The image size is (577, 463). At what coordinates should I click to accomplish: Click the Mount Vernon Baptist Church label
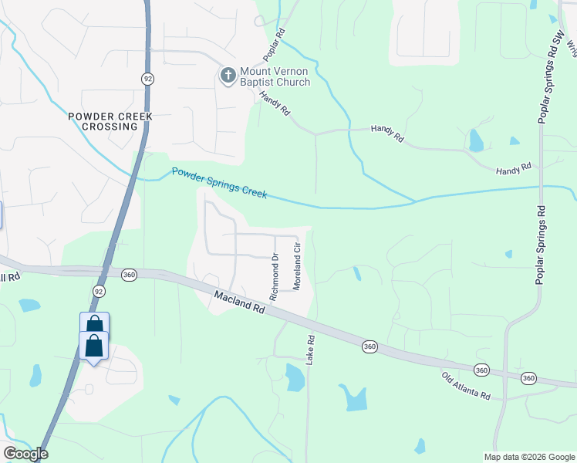[275, 77]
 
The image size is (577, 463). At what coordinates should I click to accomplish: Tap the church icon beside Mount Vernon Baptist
[228, 76]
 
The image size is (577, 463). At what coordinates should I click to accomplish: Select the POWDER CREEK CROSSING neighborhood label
[110, 121]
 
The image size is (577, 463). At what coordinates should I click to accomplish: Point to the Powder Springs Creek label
[219, 184]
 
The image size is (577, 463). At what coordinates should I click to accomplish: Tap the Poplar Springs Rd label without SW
[542, 245]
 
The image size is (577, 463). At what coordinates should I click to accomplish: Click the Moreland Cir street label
[296, 265]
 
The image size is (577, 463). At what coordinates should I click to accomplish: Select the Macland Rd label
[239, 301]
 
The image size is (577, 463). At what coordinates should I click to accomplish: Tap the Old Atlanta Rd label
[466, 385]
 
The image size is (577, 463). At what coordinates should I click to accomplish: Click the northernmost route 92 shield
[147, 79]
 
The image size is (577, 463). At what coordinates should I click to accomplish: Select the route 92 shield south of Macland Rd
[99, 291]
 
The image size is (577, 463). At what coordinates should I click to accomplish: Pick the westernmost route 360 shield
[129, 273]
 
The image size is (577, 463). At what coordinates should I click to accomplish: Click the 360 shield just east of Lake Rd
[369, 347]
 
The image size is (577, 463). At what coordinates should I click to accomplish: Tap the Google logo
[25, 454]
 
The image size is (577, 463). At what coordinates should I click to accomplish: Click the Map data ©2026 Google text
[529, 457]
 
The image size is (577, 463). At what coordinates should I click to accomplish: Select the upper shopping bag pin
[94, 324]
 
